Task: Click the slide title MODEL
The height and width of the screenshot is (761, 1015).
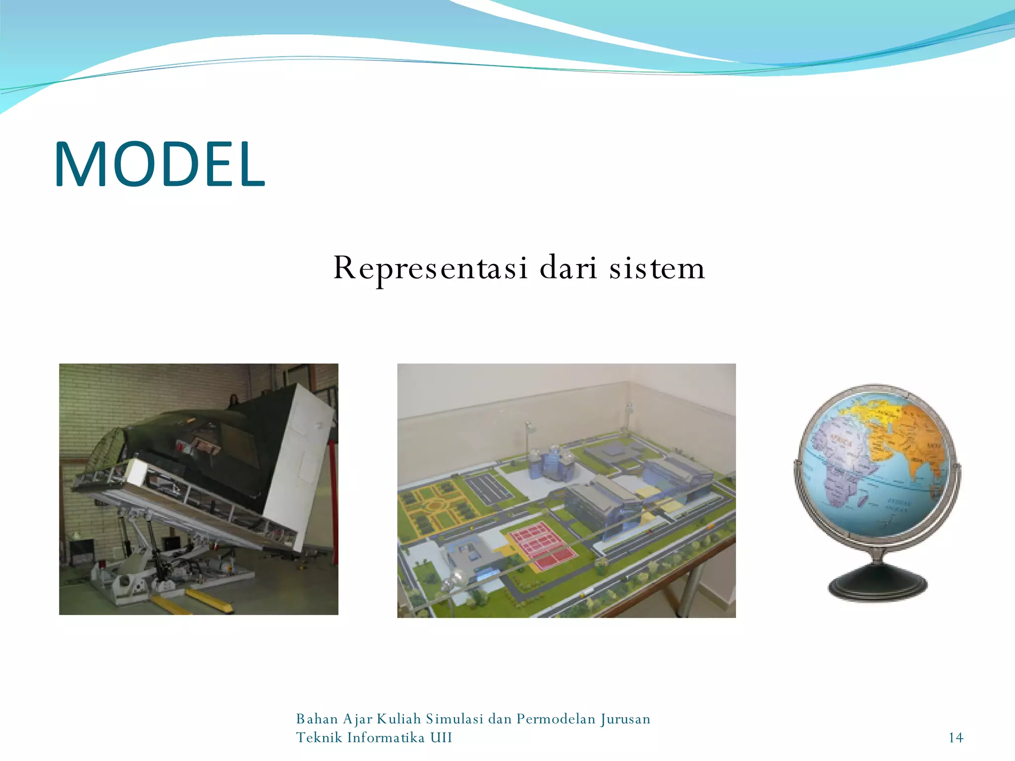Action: (160, 164)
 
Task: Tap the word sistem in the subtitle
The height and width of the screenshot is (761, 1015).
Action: (657, 268)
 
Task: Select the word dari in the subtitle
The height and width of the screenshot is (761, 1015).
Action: (568, 268)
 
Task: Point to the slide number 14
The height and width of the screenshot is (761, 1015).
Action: (956, 738)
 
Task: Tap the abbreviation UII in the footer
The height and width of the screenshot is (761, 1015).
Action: (441, 738)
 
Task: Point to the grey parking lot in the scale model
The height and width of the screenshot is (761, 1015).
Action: (488, 488)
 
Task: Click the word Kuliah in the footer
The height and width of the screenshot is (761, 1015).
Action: (398, 719)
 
